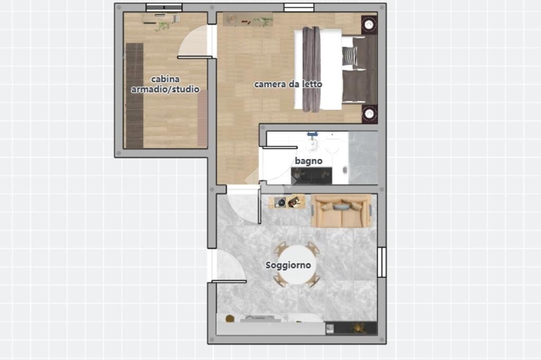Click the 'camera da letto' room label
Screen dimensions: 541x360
click(288, 84)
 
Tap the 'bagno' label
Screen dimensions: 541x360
click(309, 161)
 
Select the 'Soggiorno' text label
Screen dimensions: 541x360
click(288, 265)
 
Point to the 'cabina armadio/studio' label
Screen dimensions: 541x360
click(165, 84)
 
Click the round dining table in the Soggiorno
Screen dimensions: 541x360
click(297, 264)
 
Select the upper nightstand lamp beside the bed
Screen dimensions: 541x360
click(369, 25)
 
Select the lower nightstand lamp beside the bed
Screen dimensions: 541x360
click(369, 114)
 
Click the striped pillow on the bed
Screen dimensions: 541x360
click(350, 56)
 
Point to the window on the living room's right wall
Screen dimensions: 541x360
click(381, 262)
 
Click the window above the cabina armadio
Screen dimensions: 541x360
click(164, 7)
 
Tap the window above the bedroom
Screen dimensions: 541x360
click(299, 7)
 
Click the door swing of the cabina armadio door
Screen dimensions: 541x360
click(193, 41)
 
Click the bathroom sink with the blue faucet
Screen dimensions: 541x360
click(313, 142)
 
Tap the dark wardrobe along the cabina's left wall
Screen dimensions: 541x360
click(135, 96)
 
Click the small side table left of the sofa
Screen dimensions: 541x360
click(287, 202)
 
